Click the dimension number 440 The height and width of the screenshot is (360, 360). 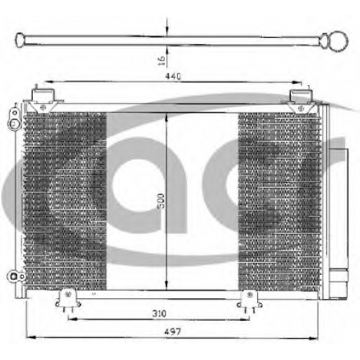[x=173, y=76]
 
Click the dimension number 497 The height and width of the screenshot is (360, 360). [x=173, y=331]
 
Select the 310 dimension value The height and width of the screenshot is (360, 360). [x=159, y=313]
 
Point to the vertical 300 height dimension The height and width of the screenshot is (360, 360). [x=162, y=201]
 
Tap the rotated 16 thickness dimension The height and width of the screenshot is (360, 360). [x=162, y=60]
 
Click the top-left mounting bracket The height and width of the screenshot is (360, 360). [x=43, y=100]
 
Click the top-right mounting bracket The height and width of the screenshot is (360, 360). [x=301, y=101]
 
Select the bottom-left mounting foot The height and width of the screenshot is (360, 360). [x=68, y=300]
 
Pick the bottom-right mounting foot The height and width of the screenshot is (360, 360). [x=250, y=301]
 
